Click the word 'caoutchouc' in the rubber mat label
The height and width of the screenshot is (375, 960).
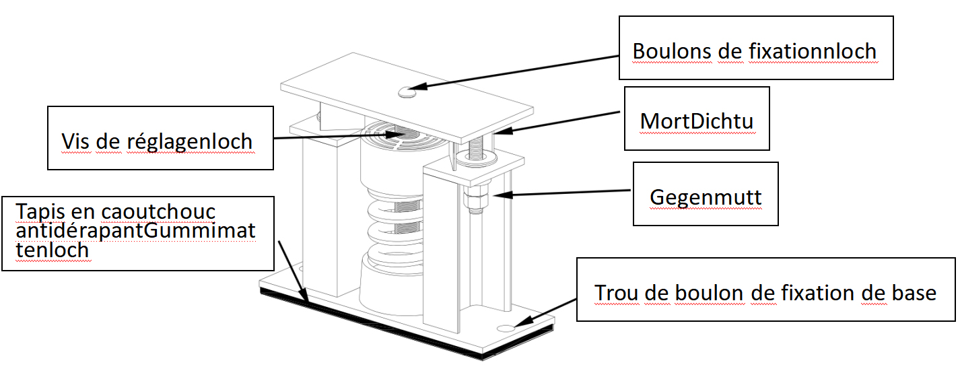(158, 211)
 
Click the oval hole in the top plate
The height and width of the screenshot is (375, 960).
(407, 91)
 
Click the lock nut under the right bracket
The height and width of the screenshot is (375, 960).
(474, 201)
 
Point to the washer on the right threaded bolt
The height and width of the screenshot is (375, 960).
(477, 159)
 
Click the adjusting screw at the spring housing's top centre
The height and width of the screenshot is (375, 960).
(405, 133)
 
